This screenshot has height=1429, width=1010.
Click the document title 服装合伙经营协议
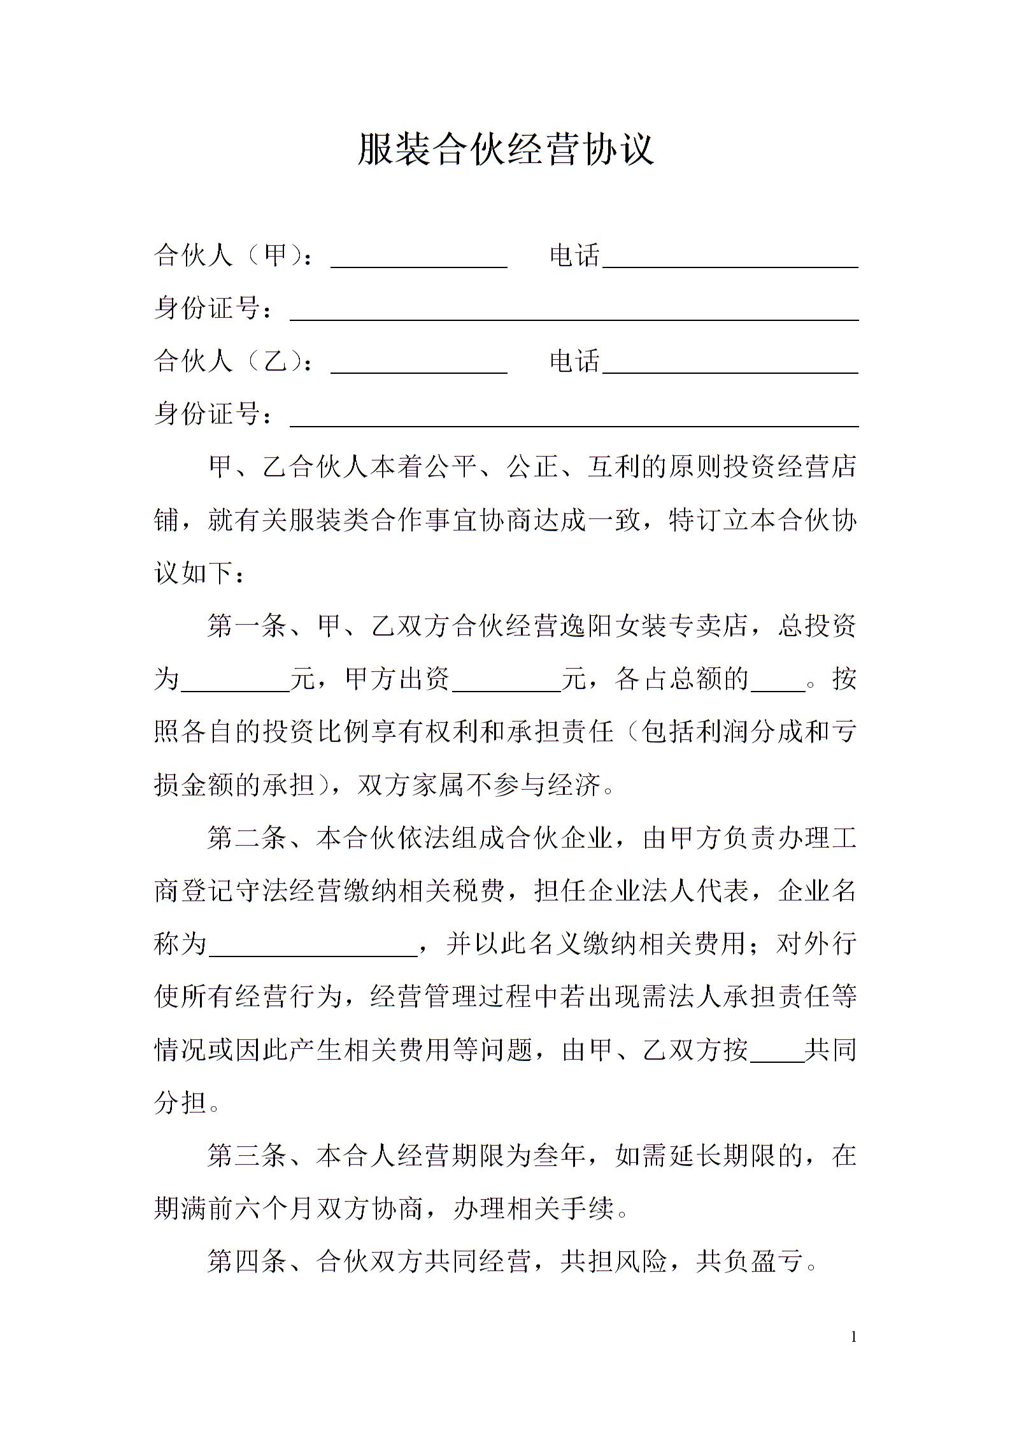click(x=505, y=150)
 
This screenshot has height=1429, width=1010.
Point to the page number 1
click(x=854, y=1337)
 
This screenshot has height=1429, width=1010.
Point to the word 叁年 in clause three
click(x=560, y=1155)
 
